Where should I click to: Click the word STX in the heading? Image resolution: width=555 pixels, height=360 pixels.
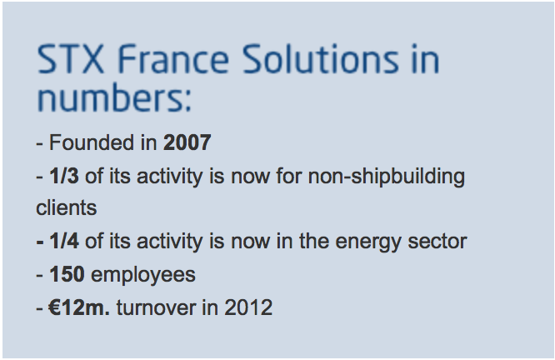[x=71, y=59]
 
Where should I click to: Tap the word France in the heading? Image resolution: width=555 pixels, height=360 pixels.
[x=173, y=59]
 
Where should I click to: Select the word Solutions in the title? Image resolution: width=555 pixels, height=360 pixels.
[x=320, y=59]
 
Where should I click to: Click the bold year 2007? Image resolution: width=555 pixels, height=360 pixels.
[x=187, y=142]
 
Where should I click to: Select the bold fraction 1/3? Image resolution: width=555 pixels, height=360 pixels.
[x=64, y=176]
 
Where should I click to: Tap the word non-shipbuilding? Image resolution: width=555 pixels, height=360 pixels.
[x=387, y=177]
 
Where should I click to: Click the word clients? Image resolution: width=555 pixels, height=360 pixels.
[x=66, y=207]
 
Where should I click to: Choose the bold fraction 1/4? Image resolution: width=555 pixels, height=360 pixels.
[x=64, y=241]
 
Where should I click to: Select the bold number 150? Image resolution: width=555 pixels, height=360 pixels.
[x=67, y=274]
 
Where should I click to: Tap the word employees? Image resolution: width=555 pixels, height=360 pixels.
[x=143, y=276]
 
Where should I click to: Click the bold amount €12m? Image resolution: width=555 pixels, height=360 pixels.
[x=79, y=307]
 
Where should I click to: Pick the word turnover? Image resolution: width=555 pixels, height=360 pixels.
[x=156, y=307]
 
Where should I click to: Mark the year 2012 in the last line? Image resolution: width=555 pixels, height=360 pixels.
[x=248, y=307]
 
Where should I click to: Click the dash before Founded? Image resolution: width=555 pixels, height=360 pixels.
[x=40, y=144]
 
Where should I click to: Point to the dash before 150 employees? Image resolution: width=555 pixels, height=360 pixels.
[x=40, y=276]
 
